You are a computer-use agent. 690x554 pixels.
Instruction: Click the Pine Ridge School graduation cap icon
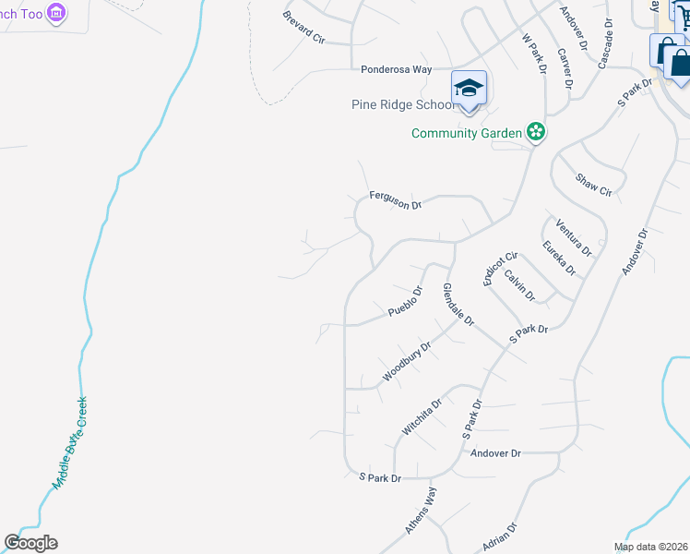click(469, 89)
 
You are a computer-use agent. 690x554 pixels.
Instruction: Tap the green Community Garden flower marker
click(535, 133)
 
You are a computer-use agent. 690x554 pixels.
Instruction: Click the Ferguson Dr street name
click(395, 199)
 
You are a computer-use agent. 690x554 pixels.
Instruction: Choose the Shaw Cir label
click(593, 185)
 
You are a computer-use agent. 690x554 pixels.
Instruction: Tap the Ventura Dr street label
click(573, 237)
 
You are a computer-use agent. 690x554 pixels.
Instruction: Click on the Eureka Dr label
click(558, 258)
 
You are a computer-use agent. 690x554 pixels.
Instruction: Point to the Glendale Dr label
click(458, 305)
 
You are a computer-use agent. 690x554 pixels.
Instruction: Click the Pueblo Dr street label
click(405, 302)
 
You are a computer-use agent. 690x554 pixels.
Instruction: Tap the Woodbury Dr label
click(407, 363)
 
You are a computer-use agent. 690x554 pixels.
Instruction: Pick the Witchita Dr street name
click(422, 416)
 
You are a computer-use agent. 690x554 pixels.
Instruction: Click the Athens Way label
click(420, 510)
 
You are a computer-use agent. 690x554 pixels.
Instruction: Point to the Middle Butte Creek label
click(69, 443)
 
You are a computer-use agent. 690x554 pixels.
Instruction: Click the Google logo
click(30, 543)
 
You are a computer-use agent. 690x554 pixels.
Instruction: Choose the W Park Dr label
click(534, 56)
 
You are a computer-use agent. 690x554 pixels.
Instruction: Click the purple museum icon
click(57, 13)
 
